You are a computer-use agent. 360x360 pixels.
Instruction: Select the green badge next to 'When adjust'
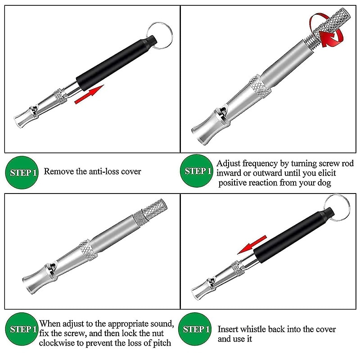pos(22,329)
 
